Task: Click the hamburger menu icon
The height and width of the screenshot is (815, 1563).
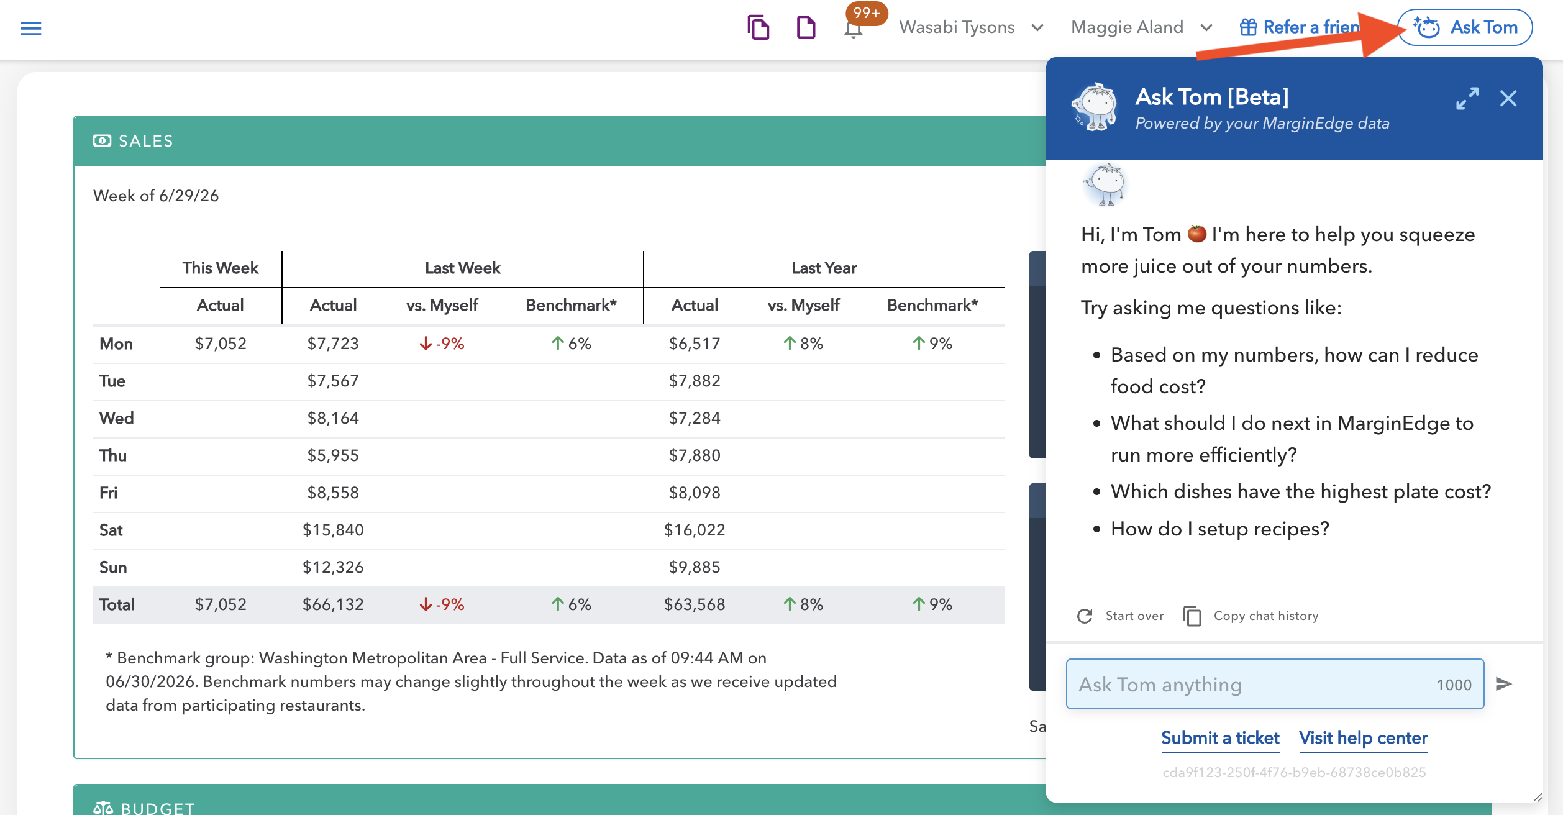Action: [31, 29]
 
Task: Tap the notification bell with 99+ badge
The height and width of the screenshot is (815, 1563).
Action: [854, 28]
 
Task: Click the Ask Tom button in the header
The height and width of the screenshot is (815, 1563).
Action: [1465, 27]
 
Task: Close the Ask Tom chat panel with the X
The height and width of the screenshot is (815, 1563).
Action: [1508, 98]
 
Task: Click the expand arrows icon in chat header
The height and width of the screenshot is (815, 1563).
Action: [1467, 99]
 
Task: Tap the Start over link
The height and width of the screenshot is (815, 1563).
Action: [1120, 616]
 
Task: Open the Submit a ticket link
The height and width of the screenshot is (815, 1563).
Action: [1220, 738]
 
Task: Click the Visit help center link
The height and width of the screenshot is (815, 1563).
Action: [1363, 738]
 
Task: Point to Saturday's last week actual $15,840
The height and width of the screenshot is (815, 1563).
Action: [333, 530]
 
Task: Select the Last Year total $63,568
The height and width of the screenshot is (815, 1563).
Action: [695, 604]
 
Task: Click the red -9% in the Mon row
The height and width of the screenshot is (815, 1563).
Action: [442, 344]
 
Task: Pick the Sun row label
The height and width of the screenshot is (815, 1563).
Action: [113, 567]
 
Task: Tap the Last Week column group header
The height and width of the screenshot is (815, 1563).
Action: [463, 268]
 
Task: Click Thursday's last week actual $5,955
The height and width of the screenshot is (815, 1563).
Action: [333, 455]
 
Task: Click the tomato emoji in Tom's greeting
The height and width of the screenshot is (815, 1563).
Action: [1196, 234]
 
